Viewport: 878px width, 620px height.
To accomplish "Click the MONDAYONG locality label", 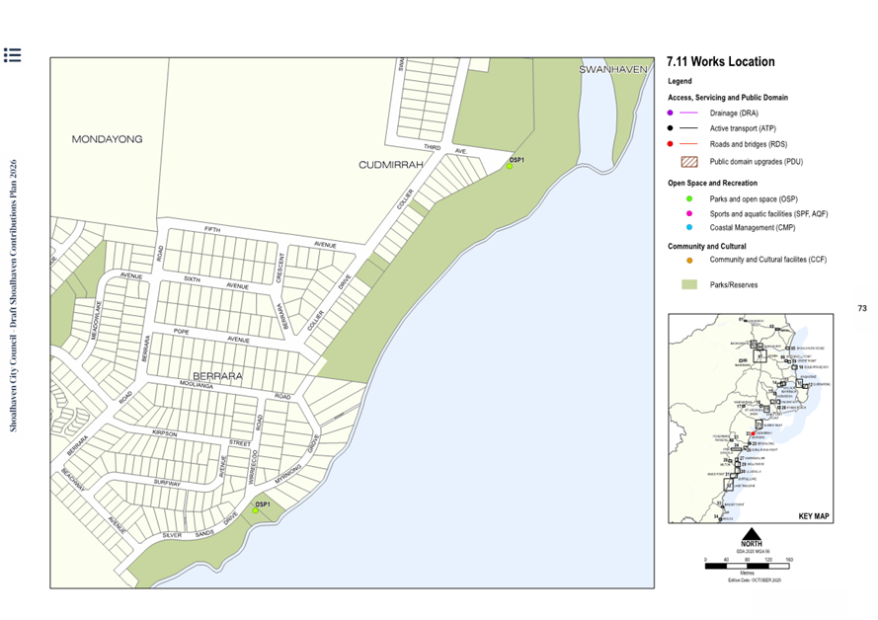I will click(107, 139).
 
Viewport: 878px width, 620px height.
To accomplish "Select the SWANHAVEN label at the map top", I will click(612, 69).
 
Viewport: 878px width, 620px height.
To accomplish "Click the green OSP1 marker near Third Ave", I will click(510, 167).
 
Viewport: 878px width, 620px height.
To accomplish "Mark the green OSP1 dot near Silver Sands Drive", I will click(255, 510).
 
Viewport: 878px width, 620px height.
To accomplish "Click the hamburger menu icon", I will click(12, 55).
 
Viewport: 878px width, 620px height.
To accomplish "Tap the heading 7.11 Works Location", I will click(721, 62).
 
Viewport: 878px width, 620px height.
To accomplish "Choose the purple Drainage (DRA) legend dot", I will click(671, 114).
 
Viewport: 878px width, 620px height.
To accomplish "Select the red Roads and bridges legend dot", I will click(671, 143).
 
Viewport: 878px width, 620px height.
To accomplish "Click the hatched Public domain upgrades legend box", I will click(689, 160).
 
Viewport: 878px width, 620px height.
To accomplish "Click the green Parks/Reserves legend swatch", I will click(689, 284).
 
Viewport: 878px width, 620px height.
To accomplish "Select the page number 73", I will click(861, 309).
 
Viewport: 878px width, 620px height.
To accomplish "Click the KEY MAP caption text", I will click(814, 516).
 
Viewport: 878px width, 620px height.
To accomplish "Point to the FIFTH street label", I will click(212, 229).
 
